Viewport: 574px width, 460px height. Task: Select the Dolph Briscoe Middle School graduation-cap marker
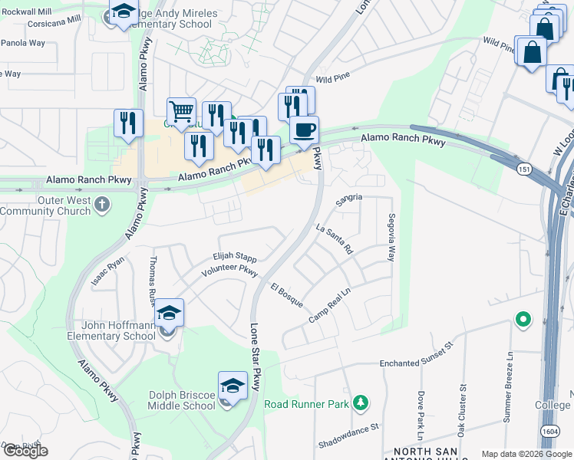pos(233,386)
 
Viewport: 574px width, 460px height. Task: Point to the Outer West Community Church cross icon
pos(102,205)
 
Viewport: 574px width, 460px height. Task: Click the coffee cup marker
pos(304,130)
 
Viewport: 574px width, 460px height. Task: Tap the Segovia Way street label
pos(391,238)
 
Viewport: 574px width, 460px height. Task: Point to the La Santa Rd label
pos(334,238)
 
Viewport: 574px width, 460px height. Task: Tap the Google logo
pos(25,451)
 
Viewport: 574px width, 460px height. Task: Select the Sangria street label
pos(348,197)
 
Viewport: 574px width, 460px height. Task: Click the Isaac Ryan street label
pos(107,271)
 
